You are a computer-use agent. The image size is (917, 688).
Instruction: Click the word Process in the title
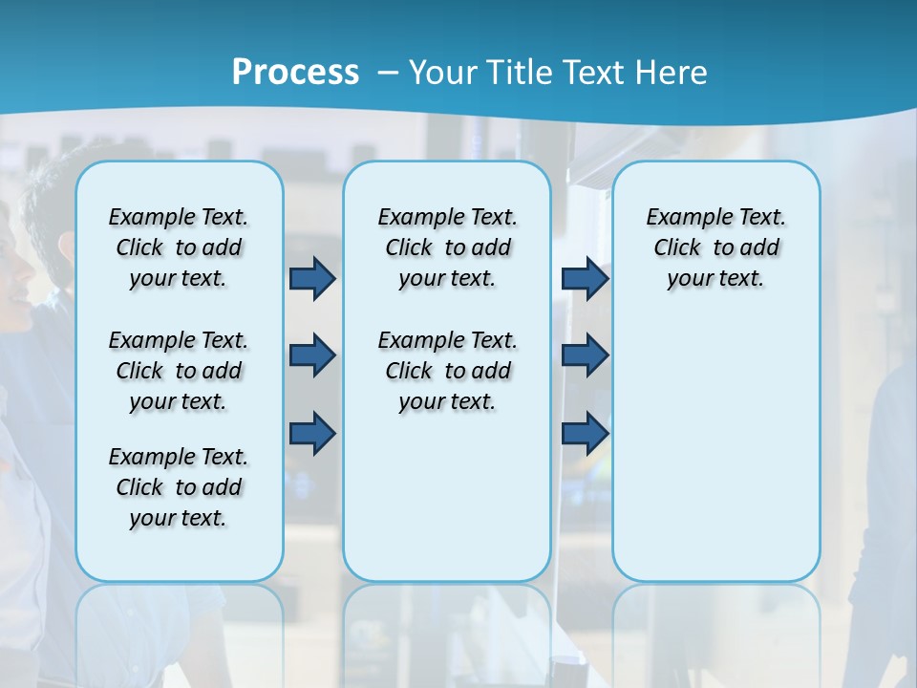tap(295, 73)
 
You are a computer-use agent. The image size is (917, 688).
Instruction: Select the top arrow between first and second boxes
tap(312, 279)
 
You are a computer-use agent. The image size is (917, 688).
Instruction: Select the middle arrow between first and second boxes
tap(312, 355)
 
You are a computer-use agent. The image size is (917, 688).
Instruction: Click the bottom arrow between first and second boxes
tap(312, 434)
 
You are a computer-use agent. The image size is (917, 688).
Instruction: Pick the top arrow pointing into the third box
tap(585, 279)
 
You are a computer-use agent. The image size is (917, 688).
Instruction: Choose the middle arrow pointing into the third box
tap(585, 355)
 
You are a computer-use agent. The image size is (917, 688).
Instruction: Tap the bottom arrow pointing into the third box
tap(585, 434)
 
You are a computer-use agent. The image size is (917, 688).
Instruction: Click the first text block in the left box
tap(179, 247)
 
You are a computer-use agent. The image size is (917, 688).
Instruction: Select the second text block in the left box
tap(179, 371)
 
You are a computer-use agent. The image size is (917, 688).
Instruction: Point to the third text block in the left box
tap(179, 487)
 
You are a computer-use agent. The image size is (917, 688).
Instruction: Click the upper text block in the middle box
tap(447, 247)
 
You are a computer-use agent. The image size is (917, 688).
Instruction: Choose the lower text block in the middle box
tap(447, 371)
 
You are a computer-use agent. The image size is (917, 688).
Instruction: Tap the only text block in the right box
tap(715, 247)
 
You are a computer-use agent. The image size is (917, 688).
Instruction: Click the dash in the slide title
tap(386, 73)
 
